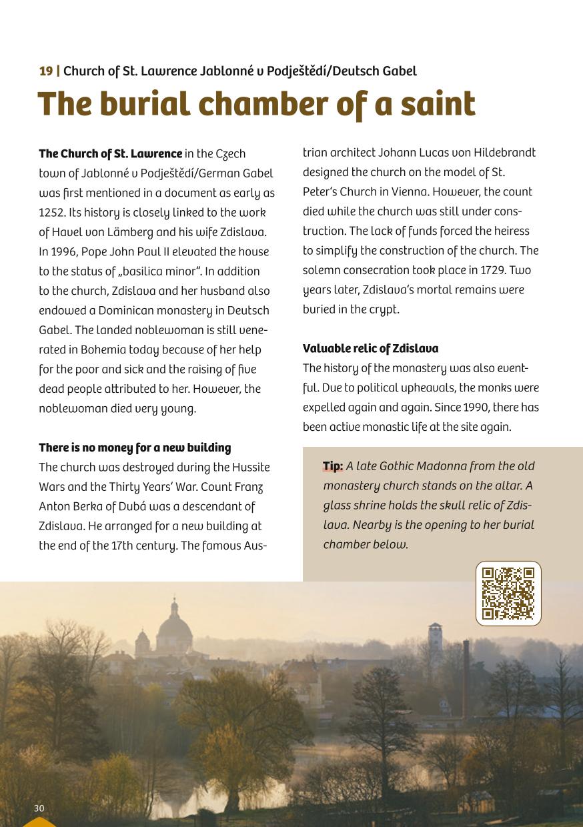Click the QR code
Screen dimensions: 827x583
[x=508, y=593]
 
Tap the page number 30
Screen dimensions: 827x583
[x=39, y=808]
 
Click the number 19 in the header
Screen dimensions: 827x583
[x=46, y=71]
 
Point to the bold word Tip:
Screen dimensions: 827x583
[x=333, y=466]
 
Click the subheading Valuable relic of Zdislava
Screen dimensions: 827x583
[x=370, y=349]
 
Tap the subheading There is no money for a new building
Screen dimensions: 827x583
[x=135, y=448]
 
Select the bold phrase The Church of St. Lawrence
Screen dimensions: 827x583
[x=110, y=154]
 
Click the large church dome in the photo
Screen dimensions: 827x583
[x=174, y=626]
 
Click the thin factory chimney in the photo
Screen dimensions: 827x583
[x=465, y=674]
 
